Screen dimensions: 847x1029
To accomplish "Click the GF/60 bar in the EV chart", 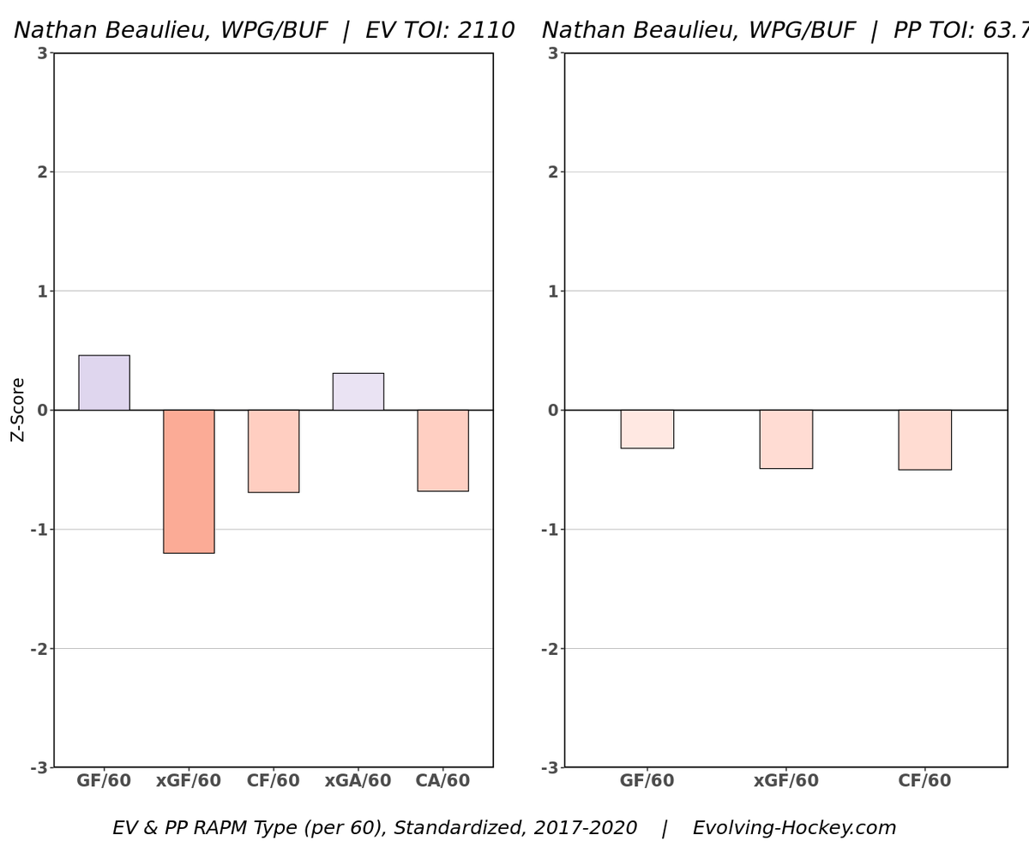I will pos(104,382).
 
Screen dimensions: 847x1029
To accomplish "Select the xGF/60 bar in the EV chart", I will pos(189,481).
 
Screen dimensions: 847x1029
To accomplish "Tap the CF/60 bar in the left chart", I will pos(274,451).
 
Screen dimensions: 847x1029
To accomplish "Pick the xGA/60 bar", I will pos(358,391).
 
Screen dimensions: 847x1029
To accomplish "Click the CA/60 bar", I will pos(442,450).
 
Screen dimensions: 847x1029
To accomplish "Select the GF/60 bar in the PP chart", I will pos(647,429).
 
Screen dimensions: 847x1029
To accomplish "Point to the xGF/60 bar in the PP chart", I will pos(785,439).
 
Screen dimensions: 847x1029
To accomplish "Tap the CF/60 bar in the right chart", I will pos(924,440).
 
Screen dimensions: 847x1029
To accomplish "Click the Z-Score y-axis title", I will pos(18,410).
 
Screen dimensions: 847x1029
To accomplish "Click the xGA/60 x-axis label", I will pos(358,781).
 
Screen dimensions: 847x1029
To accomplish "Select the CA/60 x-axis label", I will pos(442,781).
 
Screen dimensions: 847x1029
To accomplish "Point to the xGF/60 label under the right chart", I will pos(785,781).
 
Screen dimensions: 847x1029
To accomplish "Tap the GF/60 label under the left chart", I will pos(104,781).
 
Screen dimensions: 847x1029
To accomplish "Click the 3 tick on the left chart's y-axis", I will pos(42,53).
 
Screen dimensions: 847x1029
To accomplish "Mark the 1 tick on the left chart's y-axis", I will pos(42,291).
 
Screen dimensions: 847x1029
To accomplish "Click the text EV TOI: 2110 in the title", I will pos(440,31).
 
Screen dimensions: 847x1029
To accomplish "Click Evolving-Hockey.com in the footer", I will pos(794,828).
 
